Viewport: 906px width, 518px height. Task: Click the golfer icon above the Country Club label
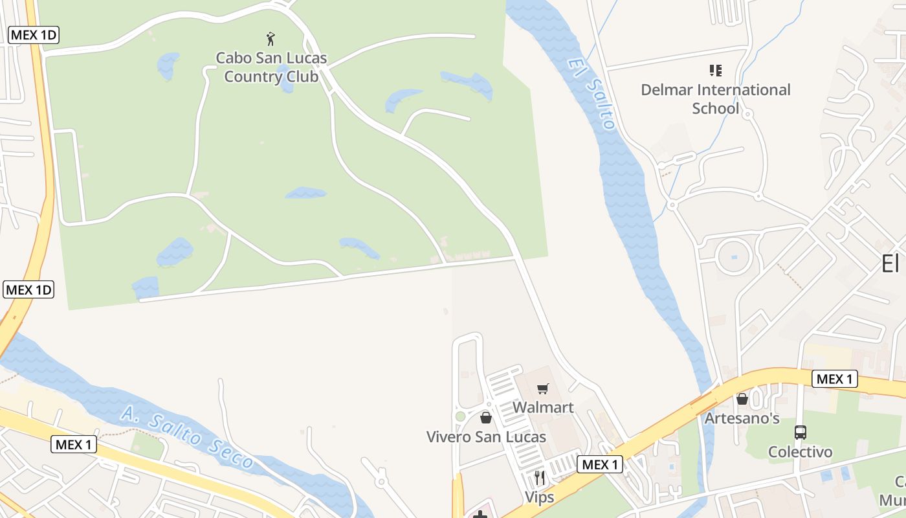(x=271, y=38)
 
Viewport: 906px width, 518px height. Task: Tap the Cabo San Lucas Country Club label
(x=271, y=67)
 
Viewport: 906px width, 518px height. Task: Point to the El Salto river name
(x=591, y=94)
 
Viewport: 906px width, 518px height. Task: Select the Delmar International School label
(x=716, y=98)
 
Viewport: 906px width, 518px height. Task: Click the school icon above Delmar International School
(x=715, y=70)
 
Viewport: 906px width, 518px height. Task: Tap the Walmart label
(x=543, y=407)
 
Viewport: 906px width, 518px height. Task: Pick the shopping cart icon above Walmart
(x=543, y=388)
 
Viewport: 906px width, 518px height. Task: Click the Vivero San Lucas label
(x=486, y=437)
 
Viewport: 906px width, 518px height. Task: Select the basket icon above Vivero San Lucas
(x=486, y=418)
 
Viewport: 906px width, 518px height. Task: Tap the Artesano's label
(x=742, y=418)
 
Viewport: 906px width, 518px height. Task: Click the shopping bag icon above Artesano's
(x=742, y=399)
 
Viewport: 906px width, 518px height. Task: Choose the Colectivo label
(x=800, y=452)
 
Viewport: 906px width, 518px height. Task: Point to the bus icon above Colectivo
(x=801, y=432)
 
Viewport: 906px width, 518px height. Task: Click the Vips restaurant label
(x=540, y=497)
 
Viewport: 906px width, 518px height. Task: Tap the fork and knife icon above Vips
(x=540, y=479)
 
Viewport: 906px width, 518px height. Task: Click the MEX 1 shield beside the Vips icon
(x=600, y=464)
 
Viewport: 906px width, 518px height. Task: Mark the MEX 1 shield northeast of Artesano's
(x=835, y=379)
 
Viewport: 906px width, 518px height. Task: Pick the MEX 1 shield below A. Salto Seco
(x=74, y=444)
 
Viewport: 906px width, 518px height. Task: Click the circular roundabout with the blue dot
(x=734, y=257)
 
